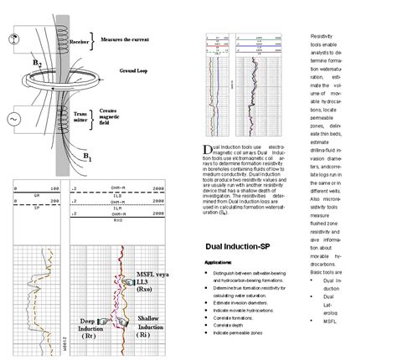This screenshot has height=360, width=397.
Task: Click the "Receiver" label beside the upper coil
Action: (x=81, y=38)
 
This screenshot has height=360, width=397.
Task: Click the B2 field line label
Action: (x=36, y=64)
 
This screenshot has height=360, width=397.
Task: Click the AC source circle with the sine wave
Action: (x=14, y=120)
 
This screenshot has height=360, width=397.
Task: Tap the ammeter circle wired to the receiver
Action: (x=14, y=39)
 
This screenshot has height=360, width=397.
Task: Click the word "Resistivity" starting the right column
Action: (x=322, y=39)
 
